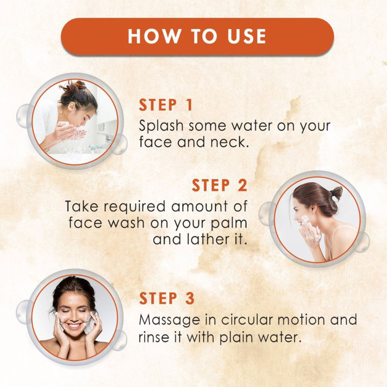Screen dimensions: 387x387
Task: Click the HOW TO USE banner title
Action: [197, 36]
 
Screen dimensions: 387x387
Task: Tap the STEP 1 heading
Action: [166, 105]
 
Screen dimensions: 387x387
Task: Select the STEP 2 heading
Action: [219, 185]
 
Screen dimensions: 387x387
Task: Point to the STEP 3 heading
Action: [166, 298]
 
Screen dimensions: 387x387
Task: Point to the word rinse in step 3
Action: [155, 337]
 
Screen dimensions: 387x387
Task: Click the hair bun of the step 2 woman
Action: [336, 192]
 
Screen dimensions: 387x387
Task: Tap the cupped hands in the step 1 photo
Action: [70, 132]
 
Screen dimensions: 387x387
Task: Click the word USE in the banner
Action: [242, 36]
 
